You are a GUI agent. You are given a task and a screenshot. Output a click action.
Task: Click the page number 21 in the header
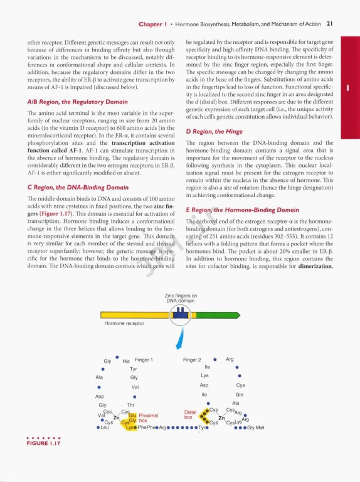(330, 24)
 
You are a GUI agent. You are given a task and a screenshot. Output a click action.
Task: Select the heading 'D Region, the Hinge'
(214, 132)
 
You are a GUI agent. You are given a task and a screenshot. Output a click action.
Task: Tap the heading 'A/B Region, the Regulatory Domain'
(77, 102)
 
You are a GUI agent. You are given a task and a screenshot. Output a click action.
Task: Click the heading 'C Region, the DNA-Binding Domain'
(78, 188)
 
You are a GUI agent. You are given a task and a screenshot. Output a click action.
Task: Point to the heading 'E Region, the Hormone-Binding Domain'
(242, 210)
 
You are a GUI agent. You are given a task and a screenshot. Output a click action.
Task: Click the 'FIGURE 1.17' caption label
(43, 443)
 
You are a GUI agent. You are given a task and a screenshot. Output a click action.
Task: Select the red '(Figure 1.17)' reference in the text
(56, 213)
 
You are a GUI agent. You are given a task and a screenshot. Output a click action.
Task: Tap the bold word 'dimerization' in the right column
(315, 266)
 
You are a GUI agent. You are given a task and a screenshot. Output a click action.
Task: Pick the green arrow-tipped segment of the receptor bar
(218, 315)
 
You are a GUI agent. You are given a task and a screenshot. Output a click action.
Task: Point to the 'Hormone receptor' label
(124, 323)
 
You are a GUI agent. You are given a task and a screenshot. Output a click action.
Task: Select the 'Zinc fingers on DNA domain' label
(181, 298)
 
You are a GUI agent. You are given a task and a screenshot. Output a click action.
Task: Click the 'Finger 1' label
(144, 360)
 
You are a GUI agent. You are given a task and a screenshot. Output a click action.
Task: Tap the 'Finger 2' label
(192, 360)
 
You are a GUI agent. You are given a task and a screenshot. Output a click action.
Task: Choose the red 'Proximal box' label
(149, 418)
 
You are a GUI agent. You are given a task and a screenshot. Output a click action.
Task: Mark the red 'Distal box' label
(190, 415)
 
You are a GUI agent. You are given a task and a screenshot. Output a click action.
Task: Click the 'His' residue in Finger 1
(126, 361)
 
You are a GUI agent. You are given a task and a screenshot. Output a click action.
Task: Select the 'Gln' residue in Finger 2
(240, 394)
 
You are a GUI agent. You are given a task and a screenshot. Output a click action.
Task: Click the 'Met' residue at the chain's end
(260, 427)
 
